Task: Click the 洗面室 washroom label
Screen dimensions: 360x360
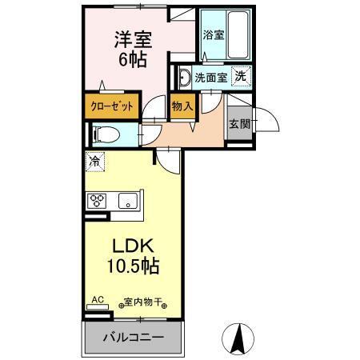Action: pyautogui.click(x=212, y=78)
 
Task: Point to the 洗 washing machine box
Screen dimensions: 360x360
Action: pyautogui.click(x=239, y=77)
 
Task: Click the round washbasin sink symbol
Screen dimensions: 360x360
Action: pyautogui.click(x=183, y=78)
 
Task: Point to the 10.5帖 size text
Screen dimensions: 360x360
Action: pyautogui.click(x=132, y=266)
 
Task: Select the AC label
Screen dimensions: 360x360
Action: pyautogui.click(x=98, y=301)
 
